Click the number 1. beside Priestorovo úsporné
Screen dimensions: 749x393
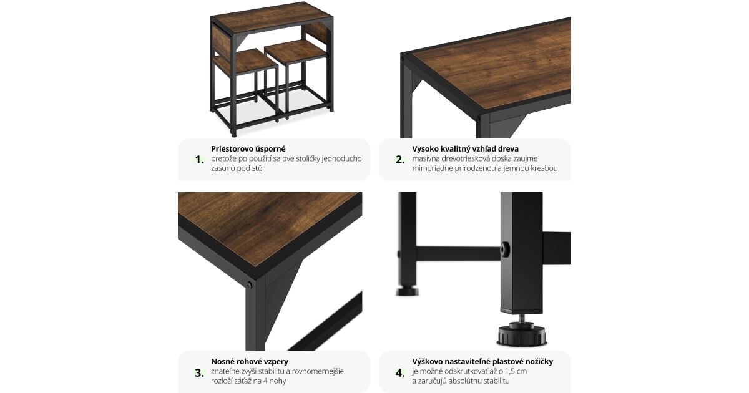(x=200, y=160)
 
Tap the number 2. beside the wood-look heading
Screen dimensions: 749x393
(x=400, y=160)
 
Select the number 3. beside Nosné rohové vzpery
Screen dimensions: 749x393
(x=200, y=372)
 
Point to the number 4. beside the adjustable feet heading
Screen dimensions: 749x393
(x=400, y=372)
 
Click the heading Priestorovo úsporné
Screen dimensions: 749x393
(x=248, y=148)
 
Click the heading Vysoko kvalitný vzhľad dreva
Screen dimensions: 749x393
(x=465, y=148)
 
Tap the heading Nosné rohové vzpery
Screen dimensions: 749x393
(x=250, y=361)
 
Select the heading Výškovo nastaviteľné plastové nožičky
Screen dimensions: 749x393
(x=482, y=361)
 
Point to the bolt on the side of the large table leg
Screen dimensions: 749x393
(x=505, y=250)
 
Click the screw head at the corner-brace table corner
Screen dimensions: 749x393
(x=250, y=285)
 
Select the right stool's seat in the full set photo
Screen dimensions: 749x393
(x=295, y=51)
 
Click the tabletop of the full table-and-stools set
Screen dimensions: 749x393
(x=272, y=16)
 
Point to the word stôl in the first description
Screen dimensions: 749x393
(x=256, y=168)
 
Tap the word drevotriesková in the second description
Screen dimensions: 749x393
(x=466, y=158)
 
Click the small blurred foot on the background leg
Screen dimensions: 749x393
(x=407, y=291)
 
